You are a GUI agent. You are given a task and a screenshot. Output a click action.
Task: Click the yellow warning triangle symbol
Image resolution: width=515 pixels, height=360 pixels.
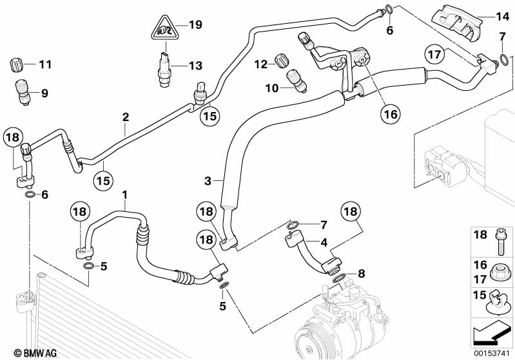[166, 28]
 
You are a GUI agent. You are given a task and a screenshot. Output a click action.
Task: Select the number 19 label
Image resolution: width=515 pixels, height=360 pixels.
[195, 25]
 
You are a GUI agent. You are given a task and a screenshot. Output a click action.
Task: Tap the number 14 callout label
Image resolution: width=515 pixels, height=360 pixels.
[502, 16]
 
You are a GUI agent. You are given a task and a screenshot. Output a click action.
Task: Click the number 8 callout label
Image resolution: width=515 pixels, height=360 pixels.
[360, 273]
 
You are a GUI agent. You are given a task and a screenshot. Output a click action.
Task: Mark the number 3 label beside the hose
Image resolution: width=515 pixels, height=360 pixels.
[208, 182]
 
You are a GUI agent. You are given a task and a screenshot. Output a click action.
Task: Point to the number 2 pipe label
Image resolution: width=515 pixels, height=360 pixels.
[126, 117]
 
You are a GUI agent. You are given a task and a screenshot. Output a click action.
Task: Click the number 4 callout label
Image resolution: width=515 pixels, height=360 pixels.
[324, 242]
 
